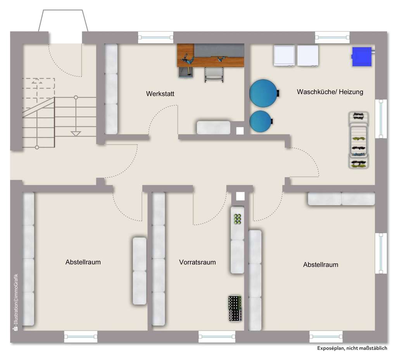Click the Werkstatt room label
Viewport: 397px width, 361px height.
coord(160,94)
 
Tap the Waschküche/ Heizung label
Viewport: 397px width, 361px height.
coord(330,92)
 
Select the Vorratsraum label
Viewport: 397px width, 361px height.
coord(197,262)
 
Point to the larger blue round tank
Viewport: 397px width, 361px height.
coord(263,92)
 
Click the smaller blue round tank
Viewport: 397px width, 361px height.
coord(261,121)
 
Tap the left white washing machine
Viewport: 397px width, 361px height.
coord(284,55)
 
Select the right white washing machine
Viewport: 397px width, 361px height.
coord(308,55)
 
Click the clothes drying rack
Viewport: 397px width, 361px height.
coord(358,140)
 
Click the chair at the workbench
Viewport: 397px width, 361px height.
coord(214,74)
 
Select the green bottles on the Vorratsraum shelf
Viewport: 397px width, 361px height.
coord(238,219)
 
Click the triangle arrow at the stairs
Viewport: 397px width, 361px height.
coord(76,134)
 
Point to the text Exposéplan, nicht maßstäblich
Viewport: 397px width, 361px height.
coord(352,348)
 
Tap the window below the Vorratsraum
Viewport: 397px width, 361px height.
coord(217,336)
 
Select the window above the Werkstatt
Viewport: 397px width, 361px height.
coord(156,38)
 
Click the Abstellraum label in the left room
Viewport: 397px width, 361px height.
coord(83,262)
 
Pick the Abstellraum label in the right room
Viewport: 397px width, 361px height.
coord(321,265)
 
